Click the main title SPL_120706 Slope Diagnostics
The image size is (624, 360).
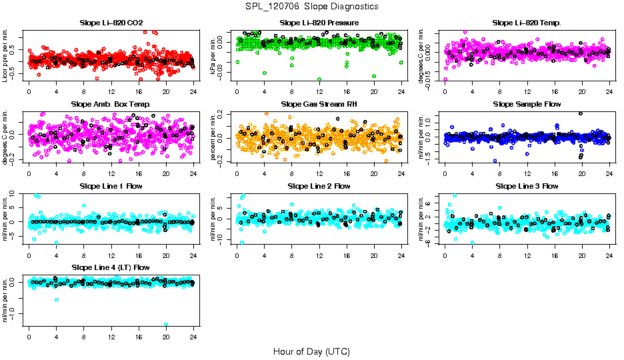point(311,6)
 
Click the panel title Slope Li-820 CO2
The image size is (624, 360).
point(111,23)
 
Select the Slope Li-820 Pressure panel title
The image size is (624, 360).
point(319,23)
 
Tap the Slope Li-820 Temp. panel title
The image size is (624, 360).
point(527,23)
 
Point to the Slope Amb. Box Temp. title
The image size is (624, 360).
point(111,105)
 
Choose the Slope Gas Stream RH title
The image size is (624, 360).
point(319,105)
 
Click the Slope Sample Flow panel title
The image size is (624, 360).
point(527,105)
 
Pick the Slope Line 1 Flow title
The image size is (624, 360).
point(111,186)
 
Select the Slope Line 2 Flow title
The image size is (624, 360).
point(319,186)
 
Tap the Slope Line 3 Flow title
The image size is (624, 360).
point(527,186)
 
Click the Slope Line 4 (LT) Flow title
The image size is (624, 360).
point(111,267)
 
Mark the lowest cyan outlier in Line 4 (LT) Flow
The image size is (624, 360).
point(166,325)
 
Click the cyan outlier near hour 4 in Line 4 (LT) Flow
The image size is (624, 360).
point(57,299)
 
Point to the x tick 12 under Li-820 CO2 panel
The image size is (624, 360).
point(111,91)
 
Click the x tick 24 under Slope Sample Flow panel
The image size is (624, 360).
point(609,173)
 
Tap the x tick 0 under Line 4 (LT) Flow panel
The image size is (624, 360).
point(29,336)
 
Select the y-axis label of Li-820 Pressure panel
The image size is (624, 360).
point(215,55)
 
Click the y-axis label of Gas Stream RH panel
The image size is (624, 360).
point(215,137)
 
